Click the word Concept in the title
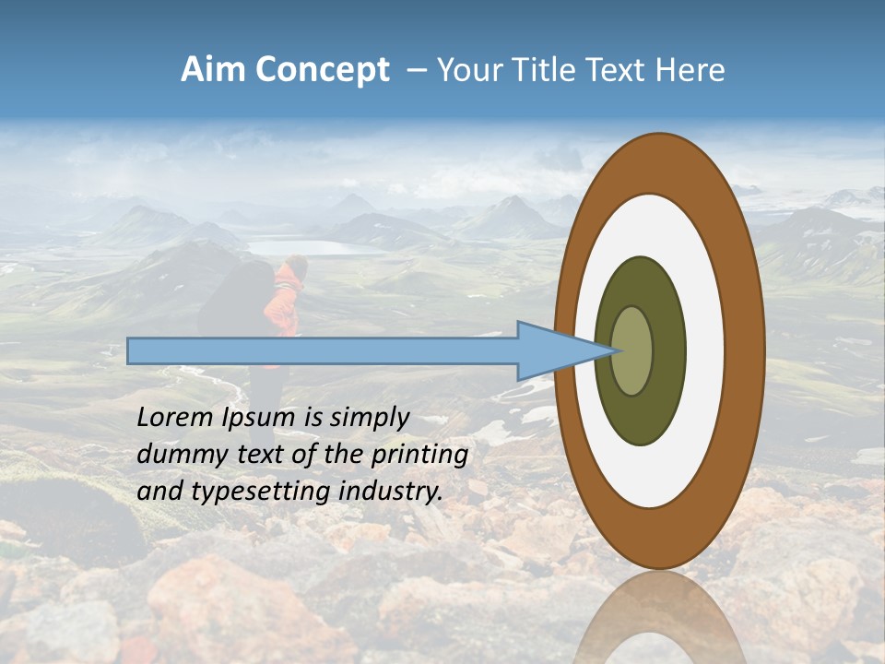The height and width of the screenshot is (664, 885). pyautogui.click(x=323, y=70)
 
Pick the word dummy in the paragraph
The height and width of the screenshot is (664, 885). pyautogui.click(x=175, y=454)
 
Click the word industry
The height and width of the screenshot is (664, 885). pyautogui.click(x=391, y=491)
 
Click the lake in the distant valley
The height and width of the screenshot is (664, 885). pyautogui.click(x=309, y=247)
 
